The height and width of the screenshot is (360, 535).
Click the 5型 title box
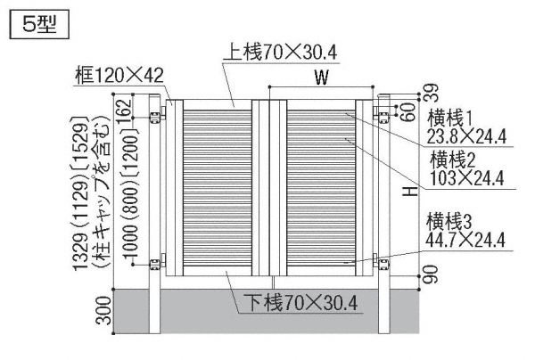pyautogui.click(x=39, y=24)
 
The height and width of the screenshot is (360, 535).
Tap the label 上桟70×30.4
pyautogui.click(x=280, y=53)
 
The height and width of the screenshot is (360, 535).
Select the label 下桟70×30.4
pyautogui.click(x=300, y=303)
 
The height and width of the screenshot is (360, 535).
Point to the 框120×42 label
pyautogui.click(x=119, y=76)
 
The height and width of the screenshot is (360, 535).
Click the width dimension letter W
pyautogui.click(x=321, y=78)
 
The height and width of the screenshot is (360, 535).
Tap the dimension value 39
pyautogui.click(x=431, y=93)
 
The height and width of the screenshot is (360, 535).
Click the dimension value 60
pyautogui.click(x=408, y=111)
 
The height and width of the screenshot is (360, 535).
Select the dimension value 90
pyautogui.click(x=431, y=274)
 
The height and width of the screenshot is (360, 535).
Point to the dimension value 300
pyautogui.click(x=104, y=311)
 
